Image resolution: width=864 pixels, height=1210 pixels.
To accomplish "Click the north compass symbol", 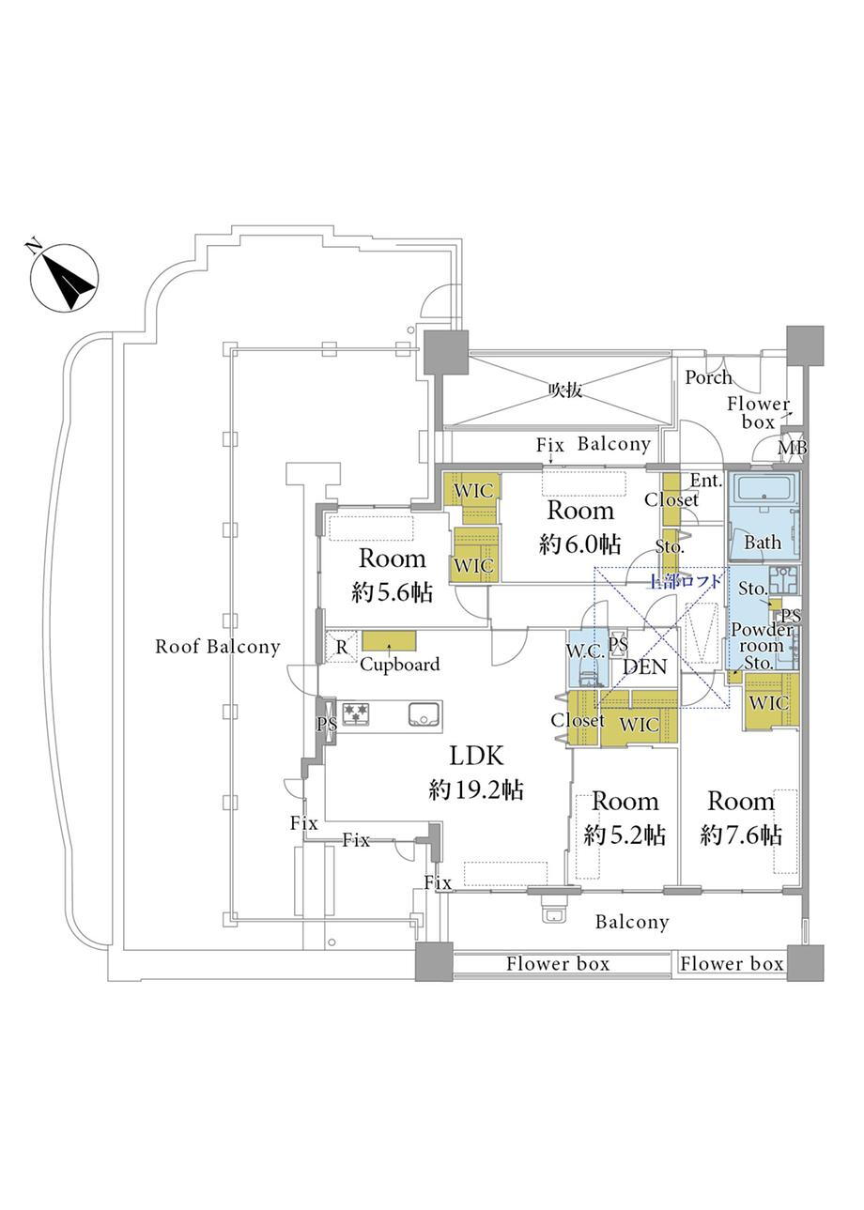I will (x=64, y=279).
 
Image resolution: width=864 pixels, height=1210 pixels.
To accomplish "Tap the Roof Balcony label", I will (x=217, y=647).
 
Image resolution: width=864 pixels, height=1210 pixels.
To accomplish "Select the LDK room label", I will (x=476, y=756).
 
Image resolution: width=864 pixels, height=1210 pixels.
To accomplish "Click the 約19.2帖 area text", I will (x=476, y=789).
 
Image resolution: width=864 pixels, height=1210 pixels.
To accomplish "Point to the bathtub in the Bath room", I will (x=763, y=493).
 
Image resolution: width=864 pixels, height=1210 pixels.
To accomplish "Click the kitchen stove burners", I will (x=355, y=714).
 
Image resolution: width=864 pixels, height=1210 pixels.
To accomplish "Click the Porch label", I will (x=708, y=377).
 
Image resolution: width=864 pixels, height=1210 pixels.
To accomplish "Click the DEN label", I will (x=645, y=668).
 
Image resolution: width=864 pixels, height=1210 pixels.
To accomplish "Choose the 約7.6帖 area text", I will (x=741, y=835).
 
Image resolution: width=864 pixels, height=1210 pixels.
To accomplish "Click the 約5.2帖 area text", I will (x=625, y=835).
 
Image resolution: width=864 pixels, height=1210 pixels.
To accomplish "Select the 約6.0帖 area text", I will (x=579, y=544).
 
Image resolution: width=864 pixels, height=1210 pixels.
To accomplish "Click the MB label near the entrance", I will (x=791, y=450).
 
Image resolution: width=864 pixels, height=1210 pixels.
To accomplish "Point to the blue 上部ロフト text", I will (x=686, y=582).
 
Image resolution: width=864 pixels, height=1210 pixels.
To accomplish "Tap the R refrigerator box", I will (x=340, y=646).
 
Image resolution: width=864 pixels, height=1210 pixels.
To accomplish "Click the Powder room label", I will (x=762, y=638).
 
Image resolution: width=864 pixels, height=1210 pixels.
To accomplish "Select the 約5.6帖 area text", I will (x=392, y=593).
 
